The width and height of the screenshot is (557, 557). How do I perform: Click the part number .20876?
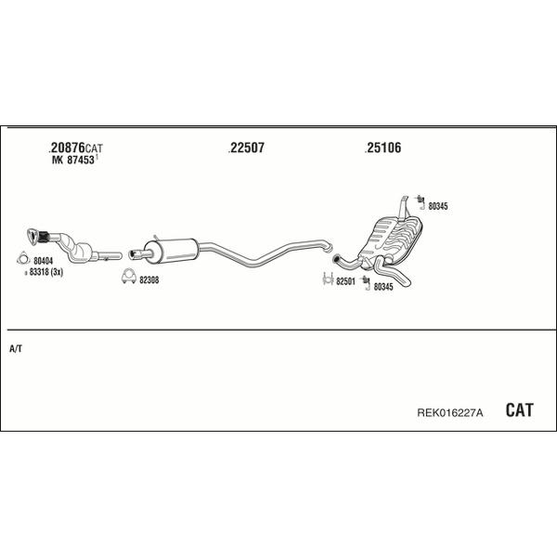[x=67, y=147]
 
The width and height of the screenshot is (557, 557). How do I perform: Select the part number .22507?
[x=246, y=148]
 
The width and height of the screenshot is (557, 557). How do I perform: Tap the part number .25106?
[x=382, y=148]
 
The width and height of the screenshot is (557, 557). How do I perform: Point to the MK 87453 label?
[x=73, y=160]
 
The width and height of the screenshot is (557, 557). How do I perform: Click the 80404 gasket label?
[x=43, y=261]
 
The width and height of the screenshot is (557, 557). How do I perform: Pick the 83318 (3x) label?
[x=45, y=272]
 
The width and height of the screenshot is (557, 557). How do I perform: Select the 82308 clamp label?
[x=149, y=280]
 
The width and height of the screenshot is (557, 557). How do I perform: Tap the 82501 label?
[x=345, y=281]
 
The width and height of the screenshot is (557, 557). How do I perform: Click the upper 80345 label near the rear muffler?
[x=438, y=206]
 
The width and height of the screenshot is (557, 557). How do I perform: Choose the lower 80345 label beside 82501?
[x=383, y=287]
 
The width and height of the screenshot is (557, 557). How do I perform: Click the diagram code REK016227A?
[x=449, y=413]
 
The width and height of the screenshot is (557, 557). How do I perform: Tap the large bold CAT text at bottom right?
[x=519, y=410]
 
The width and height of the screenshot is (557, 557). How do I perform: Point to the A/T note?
[x=16, y=349]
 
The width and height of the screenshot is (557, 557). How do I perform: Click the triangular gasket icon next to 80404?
[x=23, y=259]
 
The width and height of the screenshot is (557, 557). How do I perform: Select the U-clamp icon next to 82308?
[x=129, y=277]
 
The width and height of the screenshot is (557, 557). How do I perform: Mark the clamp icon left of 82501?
[x=328, y=279]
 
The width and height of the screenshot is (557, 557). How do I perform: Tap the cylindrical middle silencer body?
[x=171, y=251]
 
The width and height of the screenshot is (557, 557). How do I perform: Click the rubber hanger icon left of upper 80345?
[x=421, y=201]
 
